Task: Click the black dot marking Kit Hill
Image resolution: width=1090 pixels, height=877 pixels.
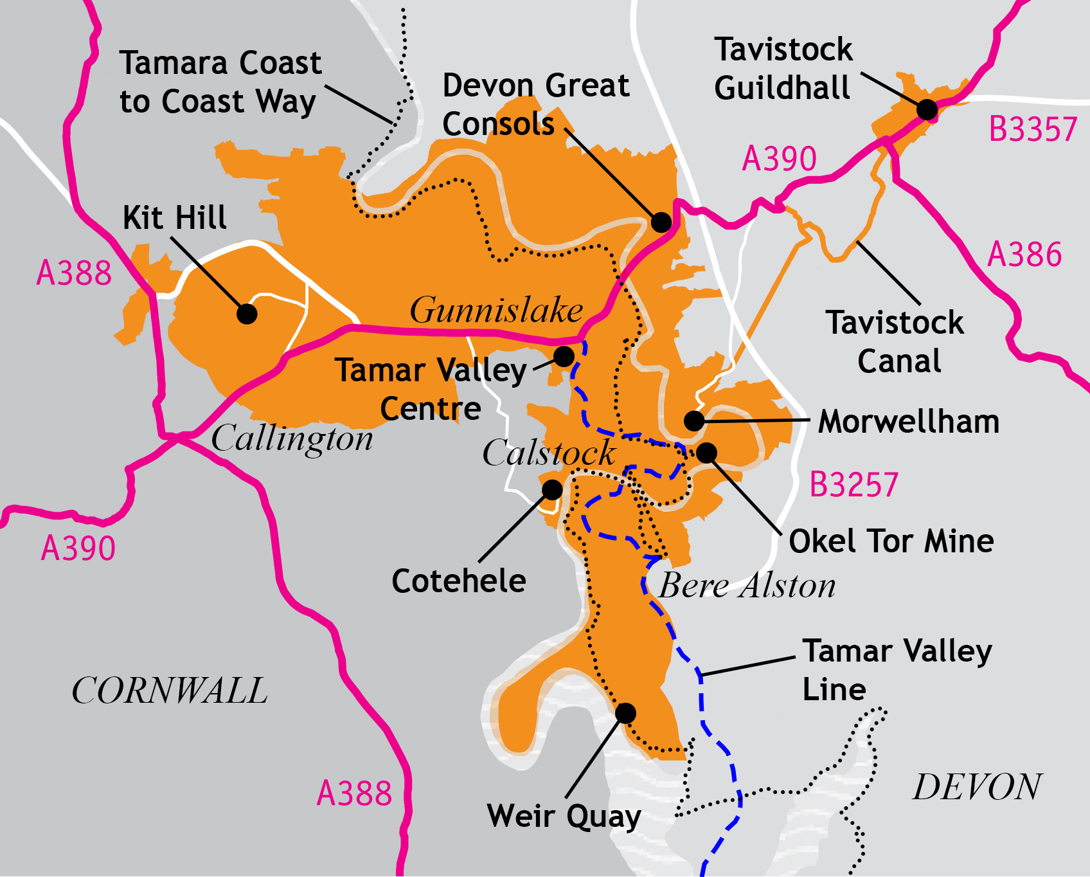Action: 247,314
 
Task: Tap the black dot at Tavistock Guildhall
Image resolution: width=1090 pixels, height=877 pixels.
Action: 927,110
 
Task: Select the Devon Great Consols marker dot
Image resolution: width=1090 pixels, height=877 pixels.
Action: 661,222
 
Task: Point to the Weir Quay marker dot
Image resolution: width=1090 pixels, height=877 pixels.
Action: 625,712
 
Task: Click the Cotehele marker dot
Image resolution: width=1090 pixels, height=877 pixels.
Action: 552,490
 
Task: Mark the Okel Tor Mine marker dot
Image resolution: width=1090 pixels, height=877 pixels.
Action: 706,453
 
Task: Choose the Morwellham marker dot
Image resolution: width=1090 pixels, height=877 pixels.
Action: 694,421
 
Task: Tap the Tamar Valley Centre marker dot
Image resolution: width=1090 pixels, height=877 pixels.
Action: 564,356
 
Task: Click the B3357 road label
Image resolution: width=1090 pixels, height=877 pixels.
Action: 1032,129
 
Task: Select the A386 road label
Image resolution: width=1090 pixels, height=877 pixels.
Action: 1024,255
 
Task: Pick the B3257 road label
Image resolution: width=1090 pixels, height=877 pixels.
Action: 853,485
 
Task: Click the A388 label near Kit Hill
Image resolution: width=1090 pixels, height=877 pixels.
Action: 74,273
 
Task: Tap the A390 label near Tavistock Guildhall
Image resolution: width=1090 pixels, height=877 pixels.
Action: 779,159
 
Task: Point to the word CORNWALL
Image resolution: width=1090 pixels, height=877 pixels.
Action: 169,691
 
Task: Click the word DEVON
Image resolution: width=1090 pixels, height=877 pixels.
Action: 977,787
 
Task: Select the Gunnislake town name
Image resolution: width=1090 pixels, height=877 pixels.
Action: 496,310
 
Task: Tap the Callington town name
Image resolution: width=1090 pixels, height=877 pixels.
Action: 292,439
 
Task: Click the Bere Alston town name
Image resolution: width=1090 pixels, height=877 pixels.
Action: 747,586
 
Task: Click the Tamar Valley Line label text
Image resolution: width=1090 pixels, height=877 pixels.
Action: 897,670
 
